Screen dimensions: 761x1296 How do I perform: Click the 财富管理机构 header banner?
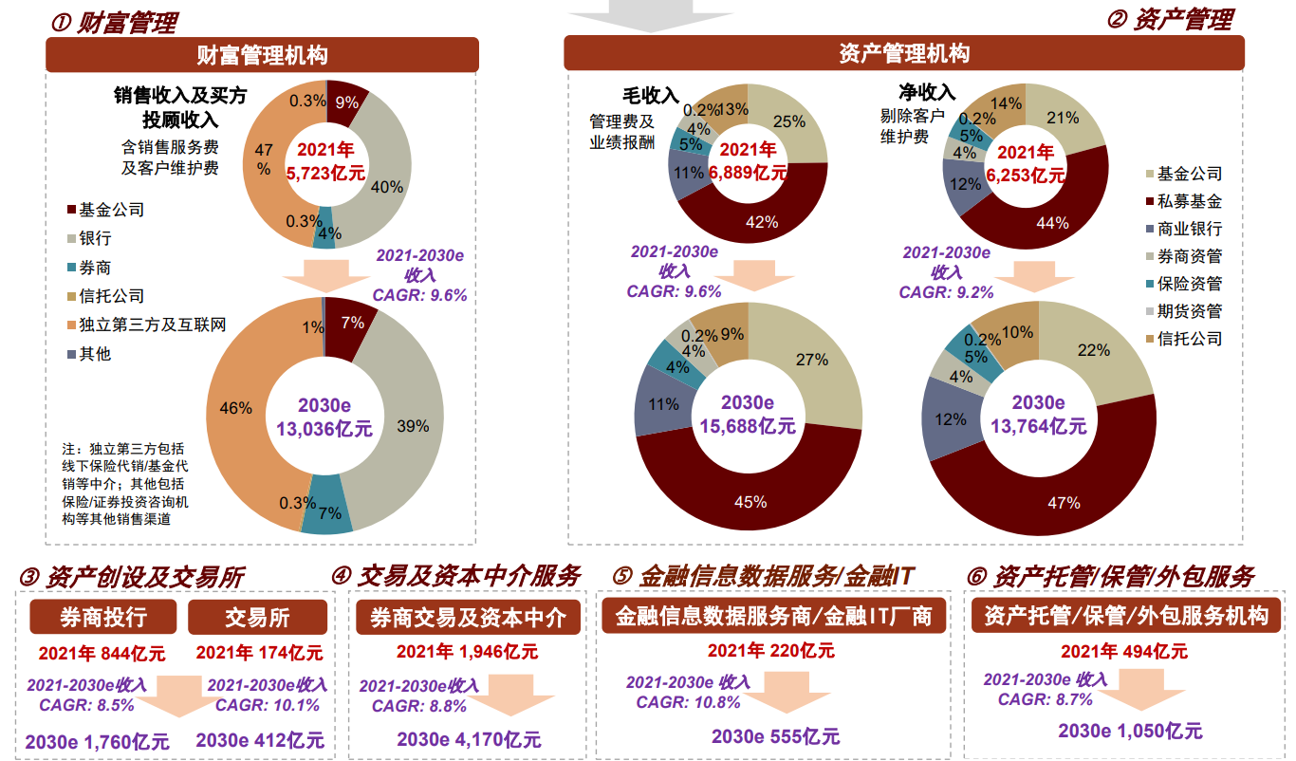262,55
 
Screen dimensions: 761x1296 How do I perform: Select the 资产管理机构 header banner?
904,53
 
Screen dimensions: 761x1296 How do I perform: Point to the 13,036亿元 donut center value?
324,428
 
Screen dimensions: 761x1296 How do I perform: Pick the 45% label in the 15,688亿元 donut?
750,502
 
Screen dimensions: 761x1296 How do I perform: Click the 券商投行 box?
103,618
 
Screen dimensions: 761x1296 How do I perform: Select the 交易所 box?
258,618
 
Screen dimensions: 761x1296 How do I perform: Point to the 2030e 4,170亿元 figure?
469,738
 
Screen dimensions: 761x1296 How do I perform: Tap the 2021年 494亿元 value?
1123,652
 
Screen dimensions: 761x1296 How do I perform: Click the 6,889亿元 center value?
749,173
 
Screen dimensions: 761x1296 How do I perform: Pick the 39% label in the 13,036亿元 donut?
413,426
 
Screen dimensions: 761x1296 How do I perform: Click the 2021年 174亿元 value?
259,653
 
